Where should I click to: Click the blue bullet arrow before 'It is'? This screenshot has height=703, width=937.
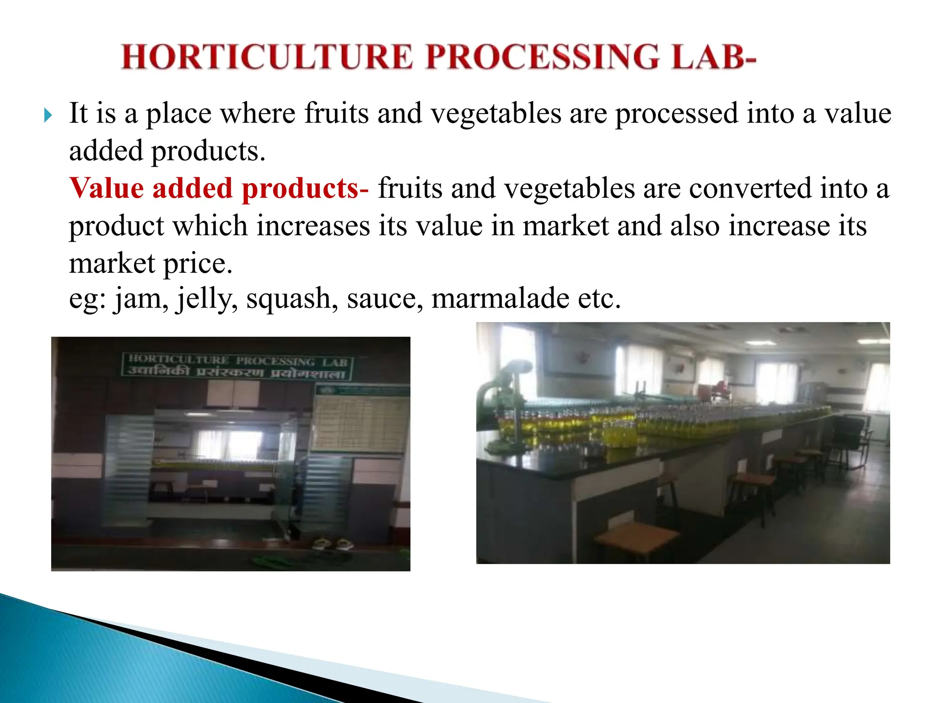click(48, 115)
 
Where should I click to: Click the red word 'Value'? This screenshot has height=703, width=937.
click(107, 188)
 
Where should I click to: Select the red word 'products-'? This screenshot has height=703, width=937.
click(305, 189)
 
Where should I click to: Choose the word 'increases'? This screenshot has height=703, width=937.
click(313, 226)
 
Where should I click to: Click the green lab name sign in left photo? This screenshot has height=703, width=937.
click(237, 366)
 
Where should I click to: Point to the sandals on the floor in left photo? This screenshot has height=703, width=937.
click(333, 543)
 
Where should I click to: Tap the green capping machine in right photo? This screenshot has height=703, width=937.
click(503, 403)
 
